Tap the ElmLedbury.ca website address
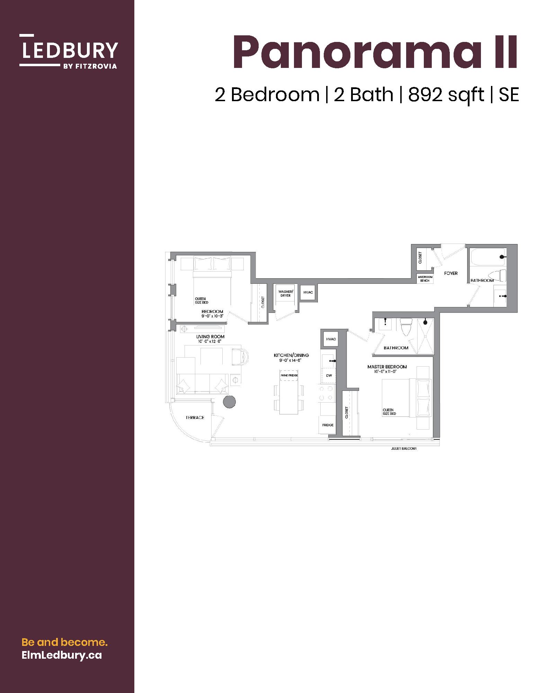[62, 655]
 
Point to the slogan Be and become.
[65, 642]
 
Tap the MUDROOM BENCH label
[425, 279]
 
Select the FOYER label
[451, 273]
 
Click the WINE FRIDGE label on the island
[289, 375]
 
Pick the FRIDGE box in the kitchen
[328, 425]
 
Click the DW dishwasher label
[329, 376]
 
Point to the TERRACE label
[195, 418]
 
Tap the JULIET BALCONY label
[403, 448]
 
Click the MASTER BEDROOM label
[387, 367]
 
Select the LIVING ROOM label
[210, 336]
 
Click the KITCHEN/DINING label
[291, 355]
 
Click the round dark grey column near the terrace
[229, 402]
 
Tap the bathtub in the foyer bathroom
[488, 257]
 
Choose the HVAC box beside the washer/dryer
[308, 292]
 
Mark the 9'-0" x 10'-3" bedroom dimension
[213, 316]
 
